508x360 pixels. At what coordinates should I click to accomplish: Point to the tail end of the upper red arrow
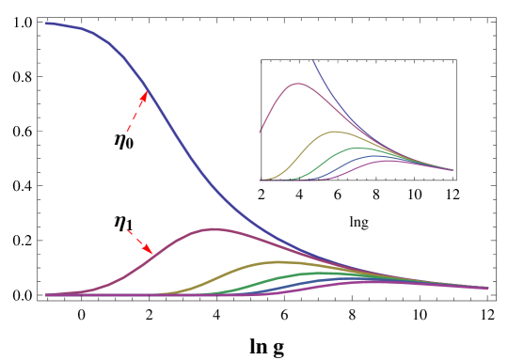128,131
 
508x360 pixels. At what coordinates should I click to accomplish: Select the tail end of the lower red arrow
127,229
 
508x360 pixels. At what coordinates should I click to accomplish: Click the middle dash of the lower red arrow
138,240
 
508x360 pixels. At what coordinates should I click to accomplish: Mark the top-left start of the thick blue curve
46,23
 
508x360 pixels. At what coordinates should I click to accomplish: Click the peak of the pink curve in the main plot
214,228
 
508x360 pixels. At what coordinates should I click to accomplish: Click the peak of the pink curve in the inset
298,84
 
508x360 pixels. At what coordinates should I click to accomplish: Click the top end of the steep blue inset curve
312,61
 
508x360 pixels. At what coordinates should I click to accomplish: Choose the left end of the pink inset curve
260,133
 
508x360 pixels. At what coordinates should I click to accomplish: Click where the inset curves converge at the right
452,170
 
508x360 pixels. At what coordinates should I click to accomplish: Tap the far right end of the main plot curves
487,288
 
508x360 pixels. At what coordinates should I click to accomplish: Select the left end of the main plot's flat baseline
46,295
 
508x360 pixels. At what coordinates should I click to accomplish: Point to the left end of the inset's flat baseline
260,180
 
